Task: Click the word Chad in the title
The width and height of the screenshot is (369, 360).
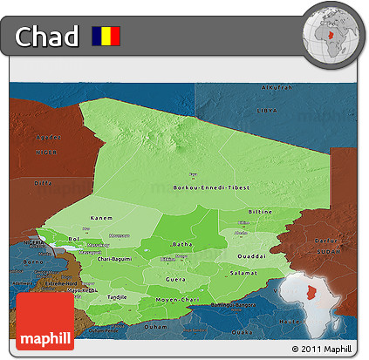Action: tap(45, 37)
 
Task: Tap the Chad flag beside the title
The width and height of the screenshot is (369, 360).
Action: tap(106, 37)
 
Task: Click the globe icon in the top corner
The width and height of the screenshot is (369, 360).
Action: tap(333, 34)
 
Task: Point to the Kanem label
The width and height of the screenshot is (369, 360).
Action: tap(101, 217)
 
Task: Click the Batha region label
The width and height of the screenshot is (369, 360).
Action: tap(183, 244)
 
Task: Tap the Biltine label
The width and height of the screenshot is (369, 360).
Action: tap(261, 211)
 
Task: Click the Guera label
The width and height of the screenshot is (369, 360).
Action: tap(176, 278)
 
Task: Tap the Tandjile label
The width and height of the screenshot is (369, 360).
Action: tap(116, 296)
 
